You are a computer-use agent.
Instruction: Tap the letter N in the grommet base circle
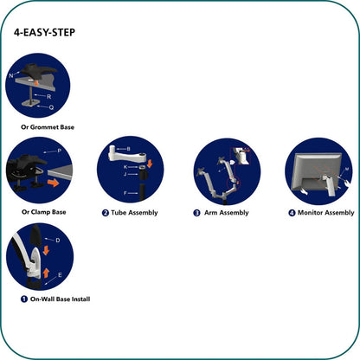point(10,76)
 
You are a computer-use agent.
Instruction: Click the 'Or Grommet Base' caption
point(48,127)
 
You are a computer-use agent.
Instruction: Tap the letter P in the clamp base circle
point(59,151)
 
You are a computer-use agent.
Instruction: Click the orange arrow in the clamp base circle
point(55,183)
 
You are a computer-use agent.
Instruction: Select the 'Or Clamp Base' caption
point(43,212)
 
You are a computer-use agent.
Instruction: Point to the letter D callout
point(57,239)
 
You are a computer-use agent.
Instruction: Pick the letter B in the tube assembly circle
point(129,149)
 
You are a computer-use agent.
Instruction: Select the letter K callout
point(125,165)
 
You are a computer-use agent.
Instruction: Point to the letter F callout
point(126,192)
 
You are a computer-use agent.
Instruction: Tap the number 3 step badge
point(196,212)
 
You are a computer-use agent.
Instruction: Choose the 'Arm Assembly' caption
point(225,212)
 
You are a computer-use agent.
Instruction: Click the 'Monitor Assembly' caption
point(325,212)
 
